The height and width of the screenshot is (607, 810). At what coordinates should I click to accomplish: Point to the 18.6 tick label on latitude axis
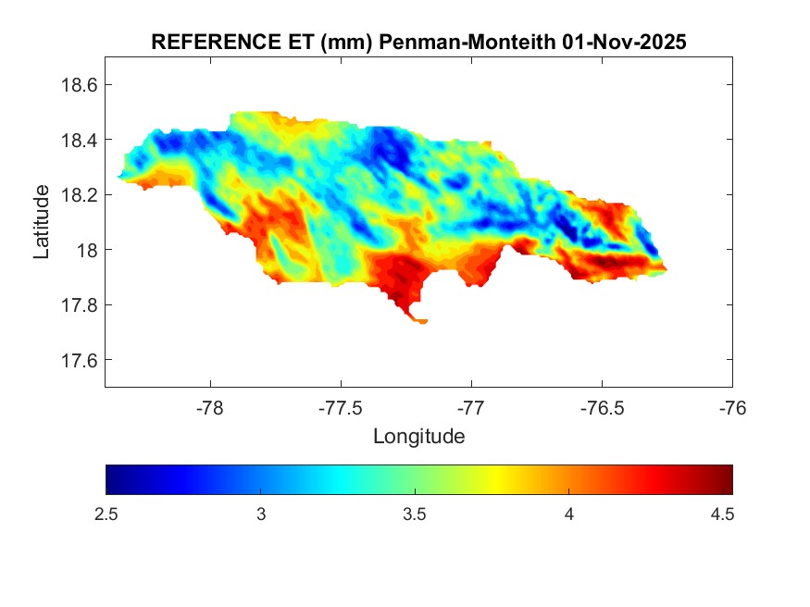point(79,85)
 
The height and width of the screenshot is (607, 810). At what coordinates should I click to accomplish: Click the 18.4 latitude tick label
point(79,140)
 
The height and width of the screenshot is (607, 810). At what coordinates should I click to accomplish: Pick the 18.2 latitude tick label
point(79,195)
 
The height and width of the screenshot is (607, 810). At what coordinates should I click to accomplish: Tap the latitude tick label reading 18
point(86,250)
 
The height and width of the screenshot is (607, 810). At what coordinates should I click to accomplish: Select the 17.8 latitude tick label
point(79,305)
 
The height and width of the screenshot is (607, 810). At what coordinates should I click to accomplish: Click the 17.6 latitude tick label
point(79,360)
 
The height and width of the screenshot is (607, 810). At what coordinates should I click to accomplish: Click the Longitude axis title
point(418,436)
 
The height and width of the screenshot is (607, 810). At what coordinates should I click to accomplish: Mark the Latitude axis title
point(42,222)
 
